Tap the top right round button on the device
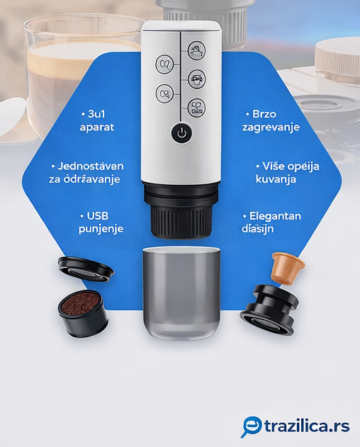196,51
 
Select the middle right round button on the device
196,79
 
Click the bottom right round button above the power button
196,106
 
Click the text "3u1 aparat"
97,120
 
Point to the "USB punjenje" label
101,222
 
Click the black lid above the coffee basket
85,268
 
